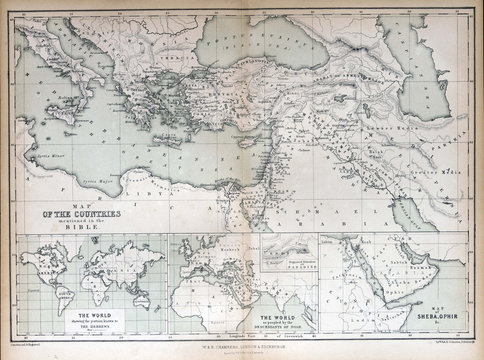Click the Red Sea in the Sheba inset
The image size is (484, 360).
click(386, 290)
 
